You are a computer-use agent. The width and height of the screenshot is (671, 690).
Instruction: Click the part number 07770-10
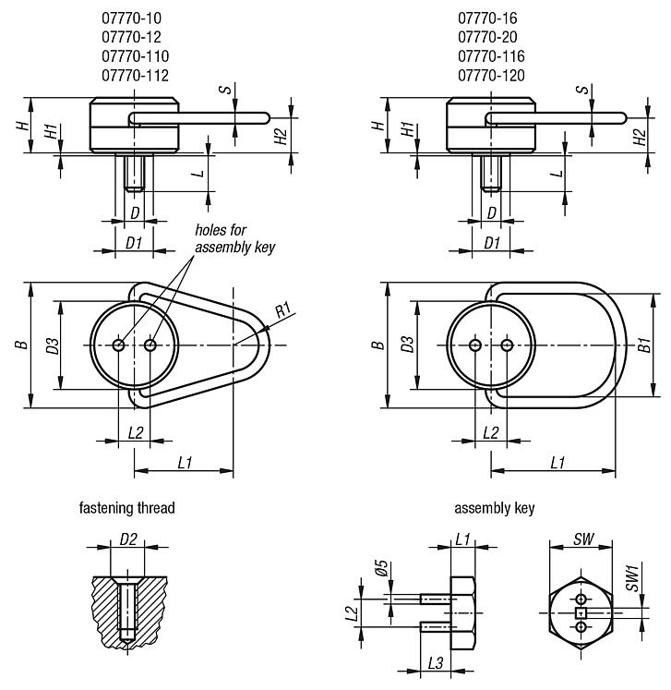point(134,18)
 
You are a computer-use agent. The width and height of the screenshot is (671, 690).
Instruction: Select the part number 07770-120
point(494,76)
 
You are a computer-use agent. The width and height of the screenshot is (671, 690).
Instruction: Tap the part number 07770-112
point(134,76)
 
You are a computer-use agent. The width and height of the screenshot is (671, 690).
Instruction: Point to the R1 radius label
point(285,308)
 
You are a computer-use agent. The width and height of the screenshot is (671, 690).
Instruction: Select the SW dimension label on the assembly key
point(582,539)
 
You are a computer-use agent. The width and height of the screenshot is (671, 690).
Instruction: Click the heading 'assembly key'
point(494,508)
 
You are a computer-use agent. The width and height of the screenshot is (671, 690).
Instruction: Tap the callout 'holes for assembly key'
point(234,239)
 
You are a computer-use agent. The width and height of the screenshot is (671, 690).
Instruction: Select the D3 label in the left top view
point(54,345)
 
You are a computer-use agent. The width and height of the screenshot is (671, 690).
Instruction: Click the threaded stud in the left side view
point(135,172)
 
